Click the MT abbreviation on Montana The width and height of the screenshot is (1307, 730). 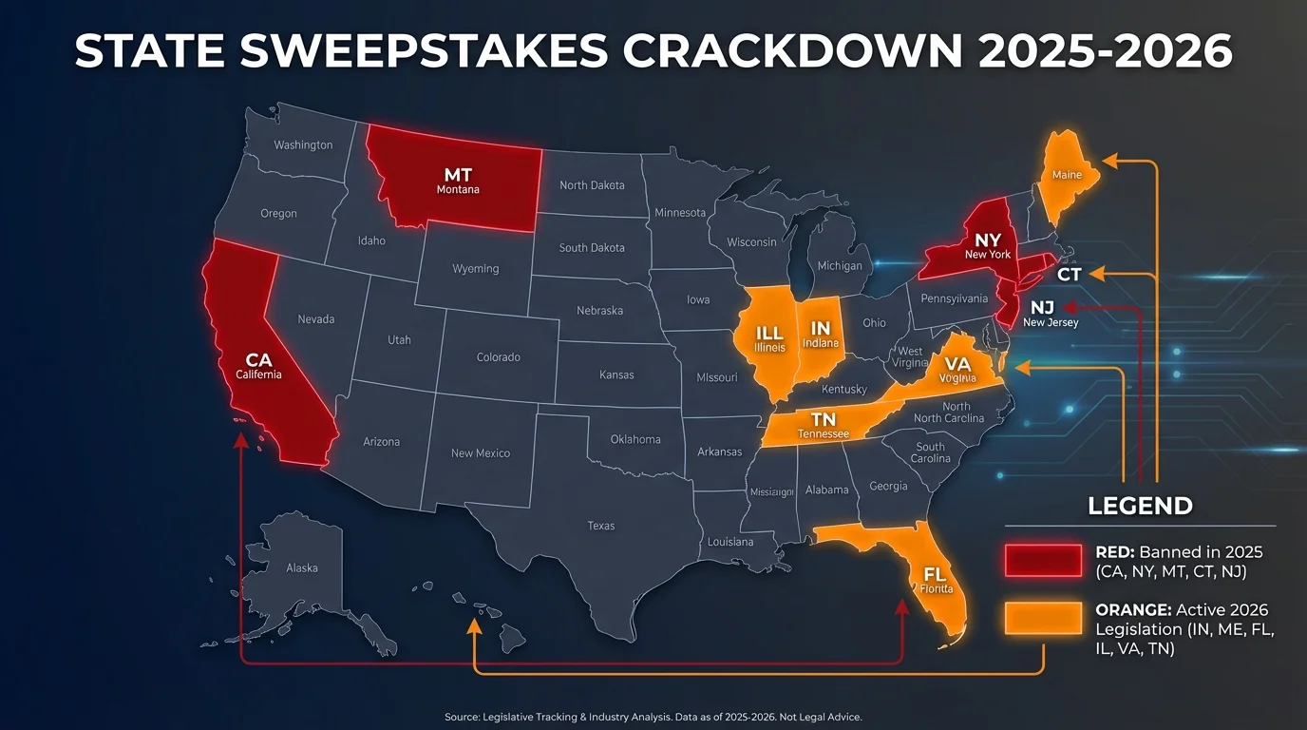coord(458,175)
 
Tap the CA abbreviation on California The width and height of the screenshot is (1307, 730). coord(258,360)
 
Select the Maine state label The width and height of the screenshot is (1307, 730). coord(1067,176)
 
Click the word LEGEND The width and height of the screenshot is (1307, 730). coord(1140,506)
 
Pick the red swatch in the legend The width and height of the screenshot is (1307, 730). coord(1043,561)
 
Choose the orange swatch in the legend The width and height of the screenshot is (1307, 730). coord(1043,619)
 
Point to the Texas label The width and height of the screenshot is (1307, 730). coord(600,526)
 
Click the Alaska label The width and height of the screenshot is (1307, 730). coord(302,567)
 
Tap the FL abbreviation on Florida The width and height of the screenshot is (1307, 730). coord(936,574)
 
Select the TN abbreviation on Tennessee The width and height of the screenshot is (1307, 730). coord(824,419)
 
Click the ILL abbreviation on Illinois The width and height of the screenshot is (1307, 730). coord(769,334)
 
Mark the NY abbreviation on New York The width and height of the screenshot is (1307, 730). coord(988,240)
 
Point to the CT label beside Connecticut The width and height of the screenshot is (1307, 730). coord(1070,275)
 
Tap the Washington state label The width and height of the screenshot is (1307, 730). coord(303,145)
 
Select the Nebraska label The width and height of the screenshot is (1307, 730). coord(599,311)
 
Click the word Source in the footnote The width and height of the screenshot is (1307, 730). coord(464,716)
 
